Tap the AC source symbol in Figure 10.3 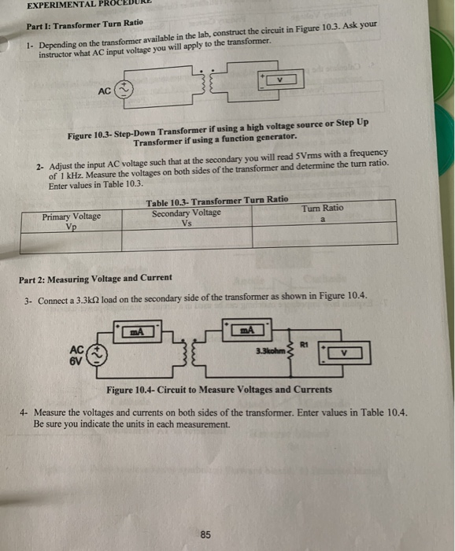(x=125, y=91)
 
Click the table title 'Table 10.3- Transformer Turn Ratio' (x=216, y=202)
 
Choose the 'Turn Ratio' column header (x=322, y=209)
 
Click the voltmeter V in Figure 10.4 (x=345, y=354)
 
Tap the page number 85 (x=205, y=534)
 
